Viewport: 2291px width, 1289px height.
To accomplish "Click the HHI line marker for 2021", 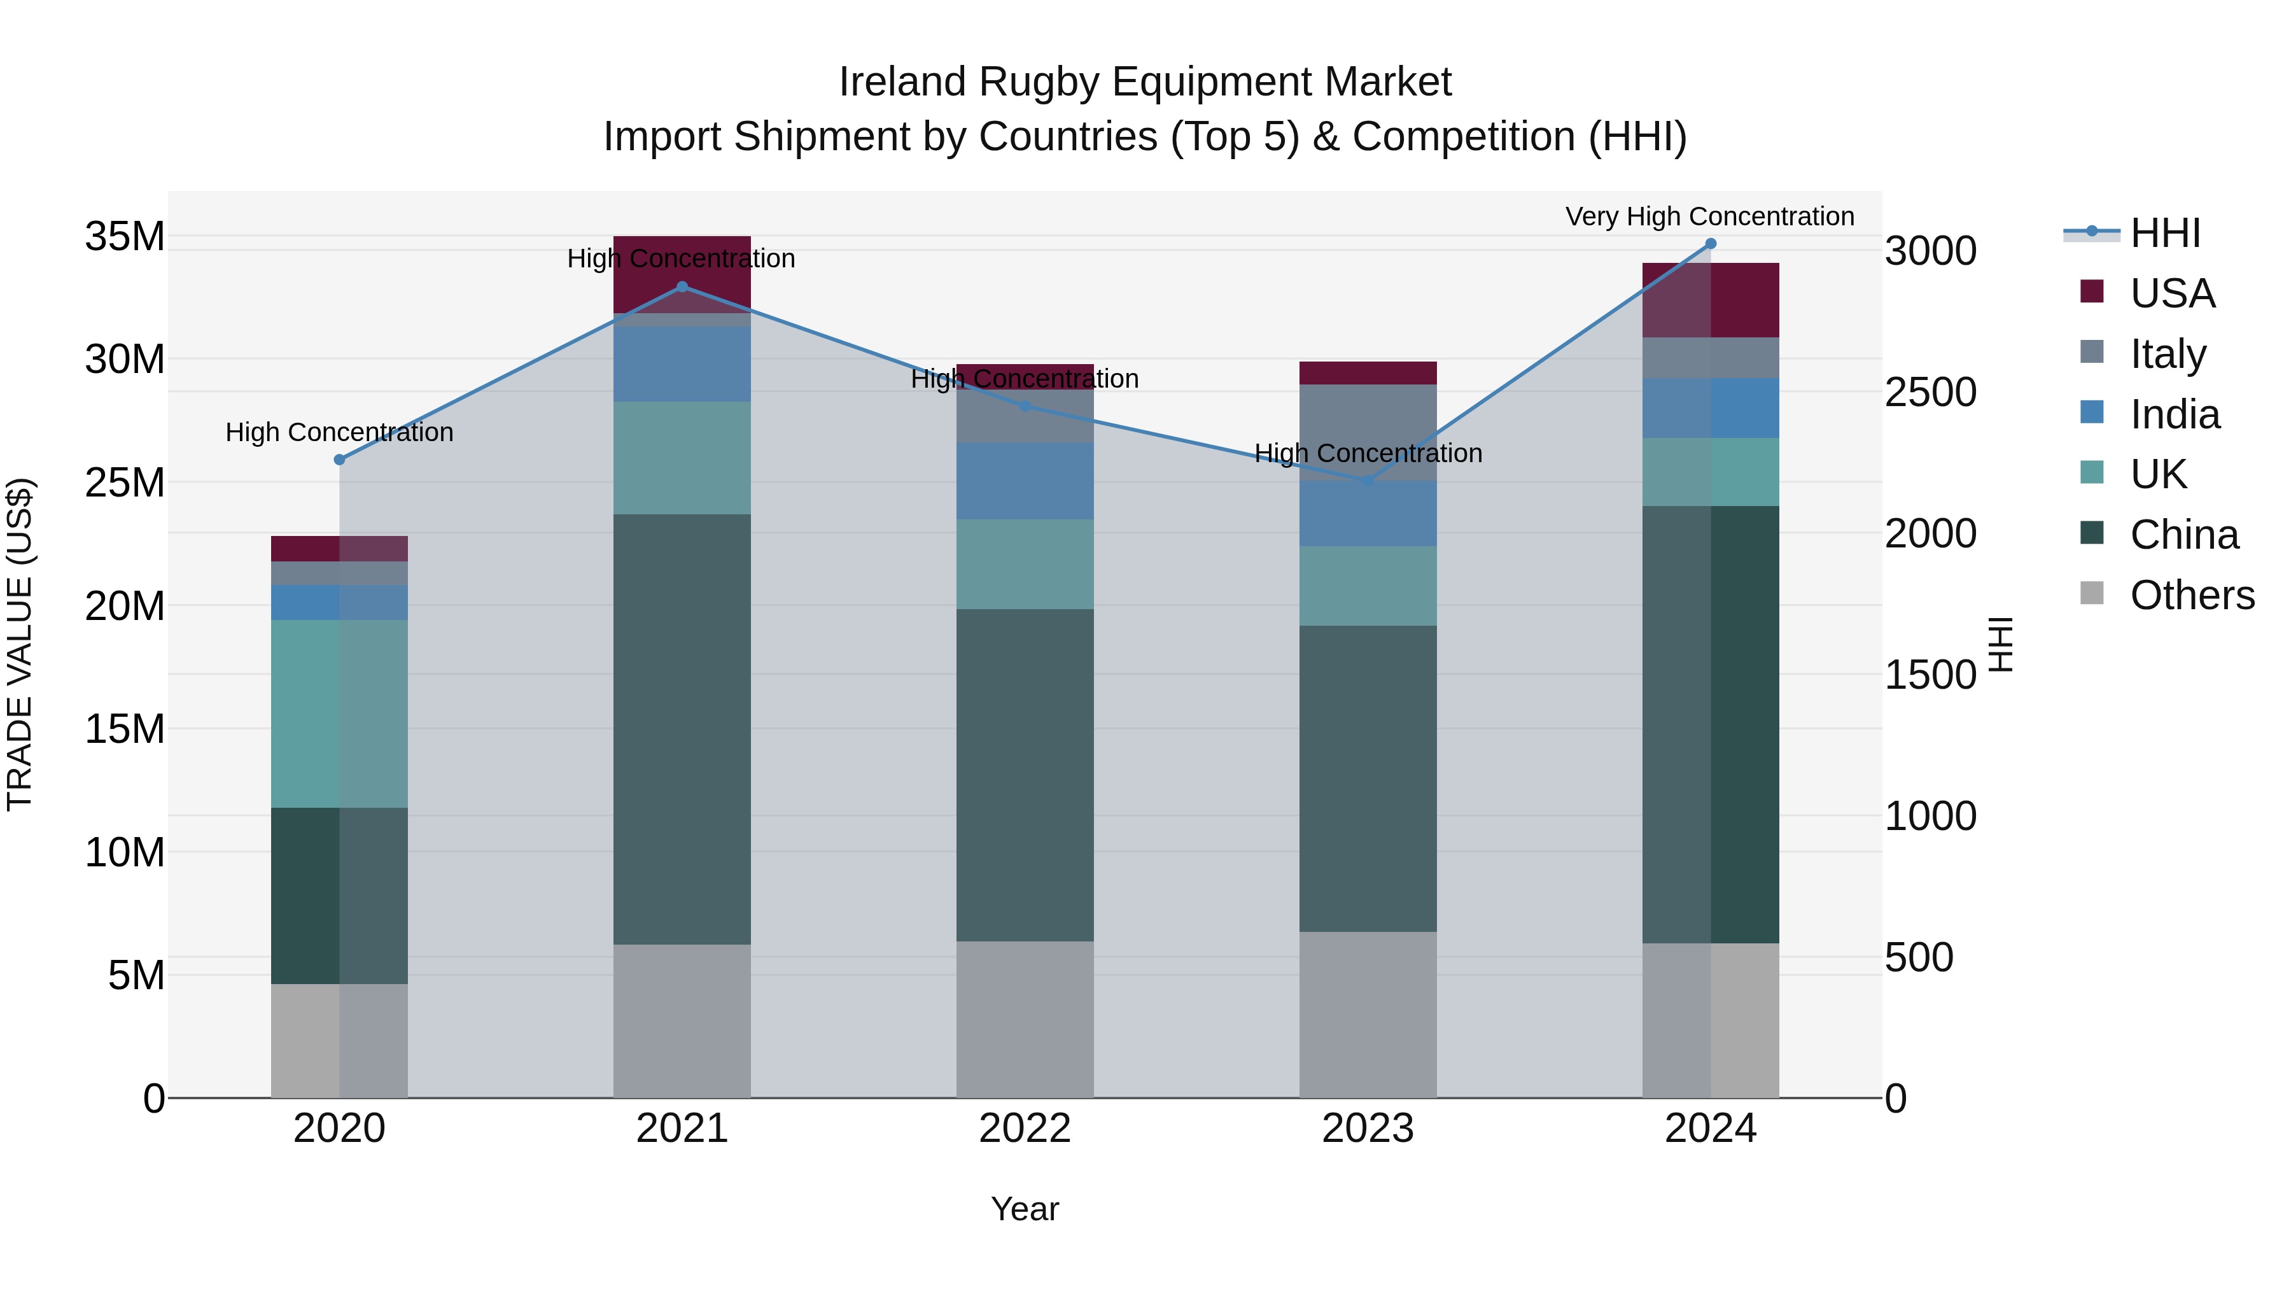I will tap(682, 286).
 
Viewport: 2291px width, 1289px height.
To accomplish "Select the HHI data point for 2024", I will tap(1710, 244).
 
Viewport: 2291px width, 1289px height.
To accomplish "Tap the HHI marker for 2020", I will tap(339, 460).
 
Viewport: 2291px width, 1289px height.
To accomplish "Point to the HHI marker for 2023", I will tap(1368, 481).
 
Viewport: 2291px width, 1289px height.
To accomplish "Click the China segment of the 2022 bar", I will tap(1025, 774).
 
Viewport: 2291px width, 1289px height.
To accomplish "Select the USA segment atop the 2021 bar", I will tap(682, 274).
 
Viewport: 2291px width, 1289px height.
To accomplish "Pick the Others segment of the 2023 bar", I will tap(1368, 1014).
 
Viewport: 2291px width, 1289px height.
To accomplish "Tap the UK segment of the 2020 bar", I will tap(339, 714).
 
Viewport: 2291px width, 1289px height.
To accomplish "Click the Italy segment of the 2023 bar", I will tap(1368, 432).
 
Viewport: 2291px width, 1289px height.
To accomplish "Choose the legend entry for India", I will tap(2175, 414).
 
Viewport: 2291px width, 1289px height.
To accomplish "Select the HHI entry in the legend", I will tap(2165, 233).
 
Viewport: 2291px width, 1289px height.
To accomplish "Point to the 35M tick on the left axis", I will tap(125, 237).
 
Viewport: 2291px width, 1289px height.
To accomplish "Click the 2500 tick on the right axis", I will tap(1931, 392).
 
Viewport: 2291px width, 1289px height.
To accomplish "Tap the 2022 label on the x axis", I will tap(1025, 1129).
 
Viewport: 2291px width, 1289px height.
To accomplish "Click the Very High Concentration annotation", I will tap(1709, 216).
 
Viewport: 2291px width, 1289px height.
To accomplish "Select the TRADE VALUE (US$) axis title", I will tap(20, 644).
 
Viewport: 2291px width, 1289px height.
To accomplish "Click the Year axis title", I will tap(1025, 1209).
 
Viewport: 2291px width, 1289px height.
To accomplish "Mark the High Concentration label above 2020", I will tap(339, 432).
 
